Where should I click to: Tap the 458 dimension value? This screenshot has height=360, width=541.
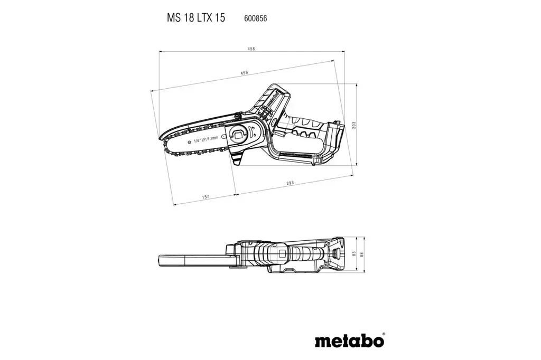251,49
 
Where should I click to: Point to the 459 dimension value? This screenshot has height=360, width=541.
244,73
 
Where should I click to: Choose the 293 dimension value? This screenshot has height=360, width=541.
290,183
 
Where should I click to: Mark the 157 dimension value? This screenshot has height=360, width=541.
206,196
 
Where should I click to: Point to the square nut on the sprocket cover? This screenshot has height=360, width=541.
239,135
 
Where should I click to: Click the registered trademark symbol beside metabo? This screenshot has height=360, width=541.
384,334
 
